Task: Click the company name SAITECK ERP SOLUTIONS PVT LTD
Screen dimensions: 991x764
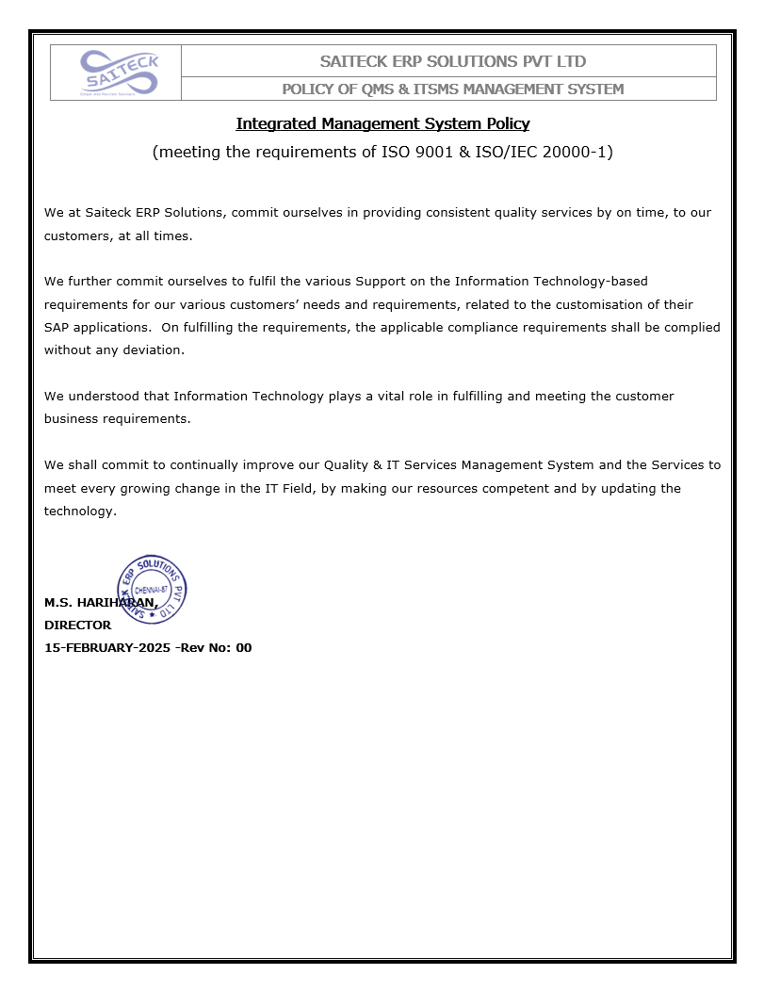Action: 452,62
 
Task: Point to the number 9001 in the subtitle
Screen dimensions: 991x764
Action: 447,152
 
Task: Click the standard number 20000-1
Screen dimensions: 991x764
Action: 577,152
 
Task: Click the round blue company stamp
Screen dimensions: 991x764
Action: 152,590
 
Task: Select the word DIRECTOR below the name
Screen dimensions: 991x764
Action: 77,625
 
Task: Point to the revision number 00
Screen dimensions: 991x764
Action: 243,648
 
